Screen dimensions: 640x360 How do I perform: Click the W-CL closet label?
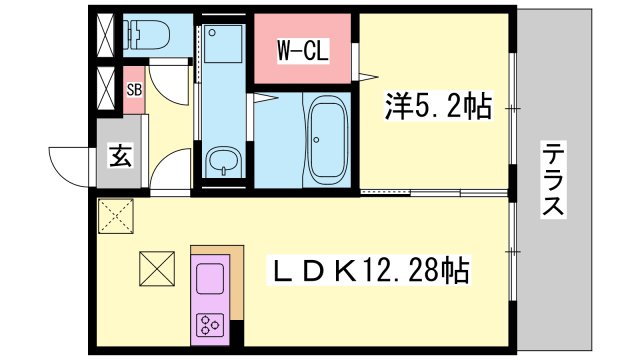point(302,50)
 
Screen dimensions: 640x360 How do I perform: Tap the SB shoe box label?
point(134,89)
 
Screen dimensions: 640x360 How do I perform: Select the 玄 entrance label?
point(121,155)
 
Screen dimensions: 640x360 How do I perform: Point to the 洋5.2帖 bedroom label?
point(438,107)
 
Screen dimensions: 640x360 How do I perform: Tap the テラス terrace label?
point(553,179)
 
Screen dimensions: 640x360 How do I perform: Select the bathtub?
point(328,140)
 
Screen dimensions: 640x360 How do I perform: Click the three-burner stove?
point(210,325)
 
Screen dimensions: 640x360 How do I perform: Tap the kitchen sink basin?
point(210,279)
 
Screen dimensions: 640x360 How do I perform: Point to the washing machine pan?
point(223,44)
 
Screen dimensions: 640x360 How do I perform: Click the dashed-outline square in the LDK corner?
point(116,216)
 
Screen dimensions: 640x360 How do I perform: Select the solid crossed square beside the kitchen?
point(157,269)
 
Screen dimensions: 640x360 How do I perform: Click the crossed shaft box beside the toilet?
point(106,35)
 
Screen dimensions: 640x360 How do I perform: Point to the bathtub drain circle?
point(316,140)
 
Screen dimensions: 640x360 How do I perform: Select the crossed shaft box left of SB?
point(106,88)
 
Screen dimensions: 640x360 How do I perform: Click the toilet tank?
point(132,34)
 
